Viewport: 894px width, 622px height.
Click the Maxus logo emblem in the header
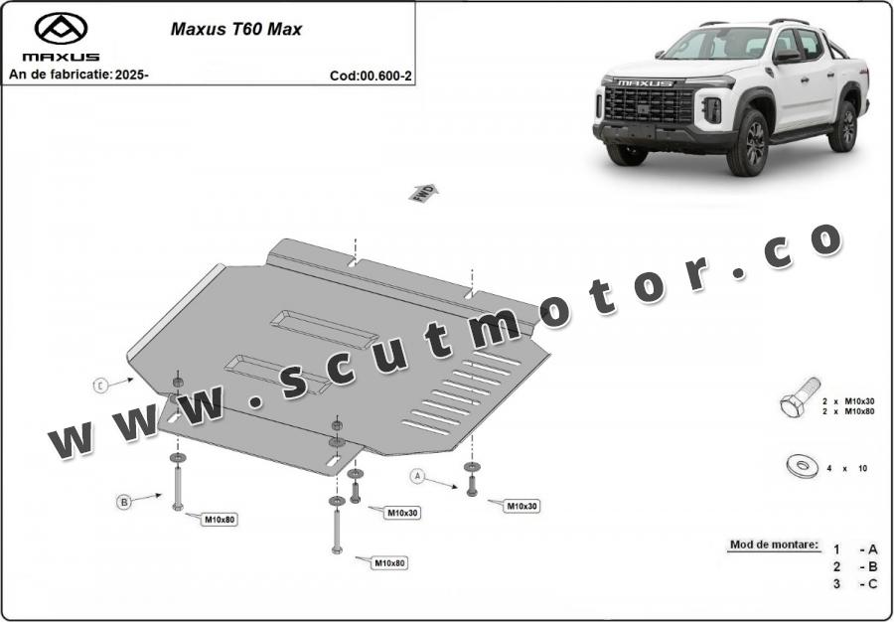61,28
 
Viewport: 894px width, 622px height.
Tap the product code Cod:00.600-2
371,76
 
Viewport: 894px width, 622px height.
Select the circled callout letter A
418,477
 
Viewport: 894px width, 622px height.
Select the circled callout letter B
124,503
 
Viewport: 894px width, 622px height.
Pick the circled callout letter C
100,385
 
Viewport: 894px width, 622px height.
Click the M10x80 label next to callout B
220,519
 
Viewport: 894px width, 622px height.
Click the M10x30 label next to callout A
521,506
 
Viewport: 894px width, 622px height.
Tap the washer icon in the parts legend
798,465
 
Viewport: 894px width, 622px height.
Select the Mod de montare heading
775,544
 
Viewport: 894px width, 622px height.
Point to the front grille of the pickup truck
647,103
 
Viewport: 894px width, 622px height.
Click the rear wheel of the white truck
843,126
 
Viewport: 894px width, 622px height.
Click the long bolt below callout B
178,486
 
